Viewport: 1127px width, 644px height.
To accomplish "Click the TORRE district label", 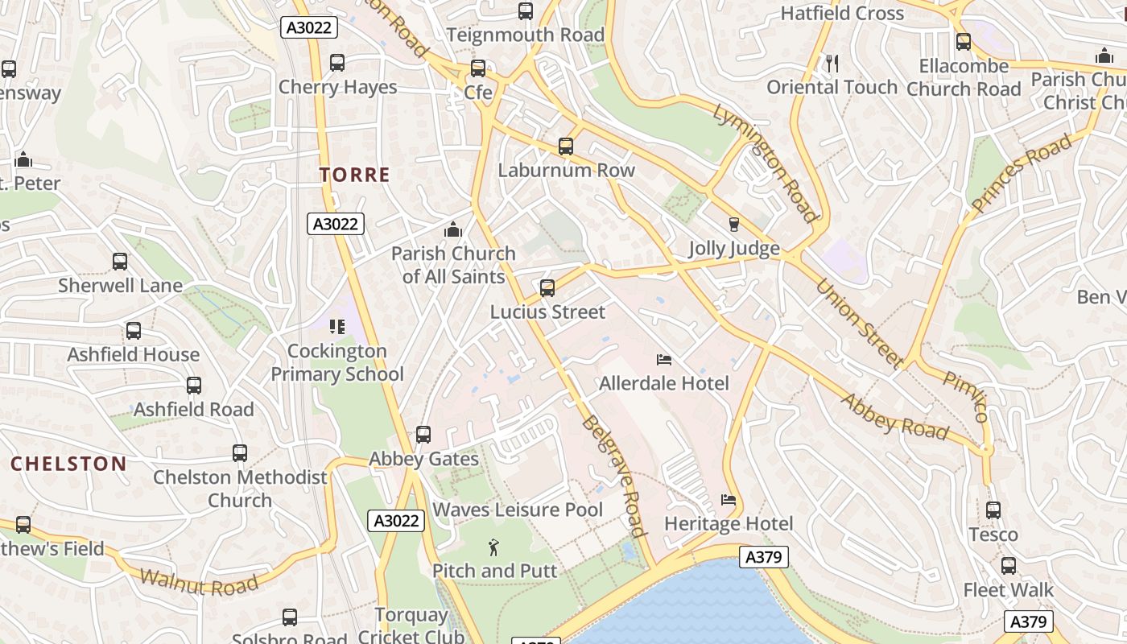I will pyautogui.click(x=354, y=175).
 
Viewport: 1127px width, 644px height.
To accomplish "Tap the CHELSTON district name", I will pyautogui.click(x=68, y=464).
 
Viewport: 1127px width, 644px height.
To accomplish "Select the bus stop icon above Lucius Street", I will pyautogui.click(x=547, y=288).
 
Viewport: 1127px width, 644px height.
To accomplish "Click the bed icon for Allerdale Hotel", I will pyautogui.click(x=664, y=359).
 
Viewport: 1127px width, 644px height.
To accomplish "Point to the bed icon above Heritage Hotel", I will pyautogui.click(x=729, y=500).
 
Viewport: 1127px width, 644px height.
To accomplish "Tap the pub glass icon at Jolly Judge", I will pyautogui.click(x=733, y=225).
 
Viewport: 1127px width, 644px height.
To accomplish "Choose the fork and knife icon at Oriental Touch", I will pyautogui.click(x=832, y=63).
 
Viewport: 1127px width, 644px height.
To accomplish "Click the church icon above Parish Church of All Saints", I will pyautogui.click(x=453, y=230).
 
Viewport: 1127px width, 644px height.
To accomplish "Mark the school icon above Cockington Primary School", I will pyautogui.click(x=337, y=327).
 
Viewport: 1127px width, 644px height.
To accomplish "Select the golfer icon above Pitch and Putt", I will pyautogui.click(x=493, y=548).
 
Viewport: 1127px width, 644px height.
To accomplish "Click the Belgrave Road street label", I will pyautogui.click(x=614, y=476).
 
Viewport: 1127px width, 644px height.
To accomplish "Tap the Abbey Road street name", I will pyautogui.click(x=894, y=416).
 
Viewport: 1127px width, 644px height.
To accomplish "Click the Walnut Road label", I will pyautogui.click(x=199, y=581).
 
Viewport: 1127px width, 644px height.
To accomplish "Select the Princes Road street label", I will pyautogui.click(x=1022, y=173).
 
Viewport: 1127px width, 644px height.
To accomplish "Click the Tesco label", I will pyautogui.click(x=993, y=535).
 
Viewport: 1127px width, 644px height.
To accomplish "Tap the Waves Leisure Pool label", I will pyautogui.click(x=518, y=510).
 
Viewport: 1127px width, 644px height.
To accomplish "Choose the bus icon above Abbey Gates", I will pyautogui.click(x=423, y=435).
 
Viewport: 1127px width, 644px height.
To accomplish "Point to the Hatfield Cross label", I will pyautogui.click(x=842, y=13).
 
